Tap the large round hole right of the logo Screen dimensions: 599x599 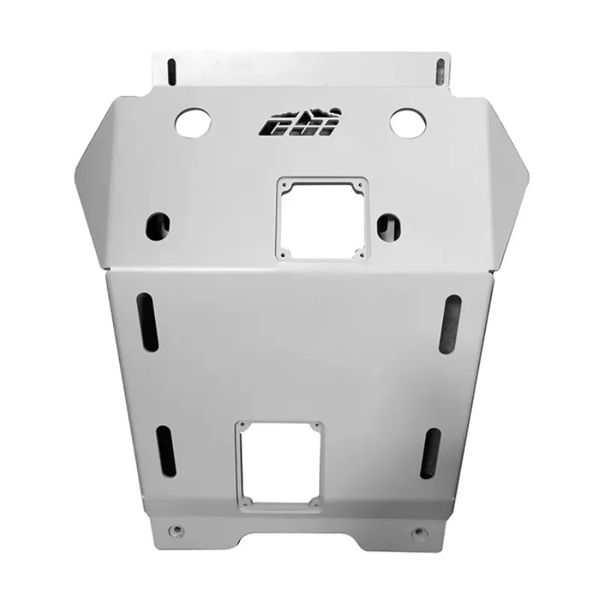[x=408, y=121]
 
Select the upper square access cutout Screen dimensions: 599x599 [x=322, y=219]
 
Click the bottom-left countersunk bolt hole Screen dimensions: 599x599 [x=177, y=530]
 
